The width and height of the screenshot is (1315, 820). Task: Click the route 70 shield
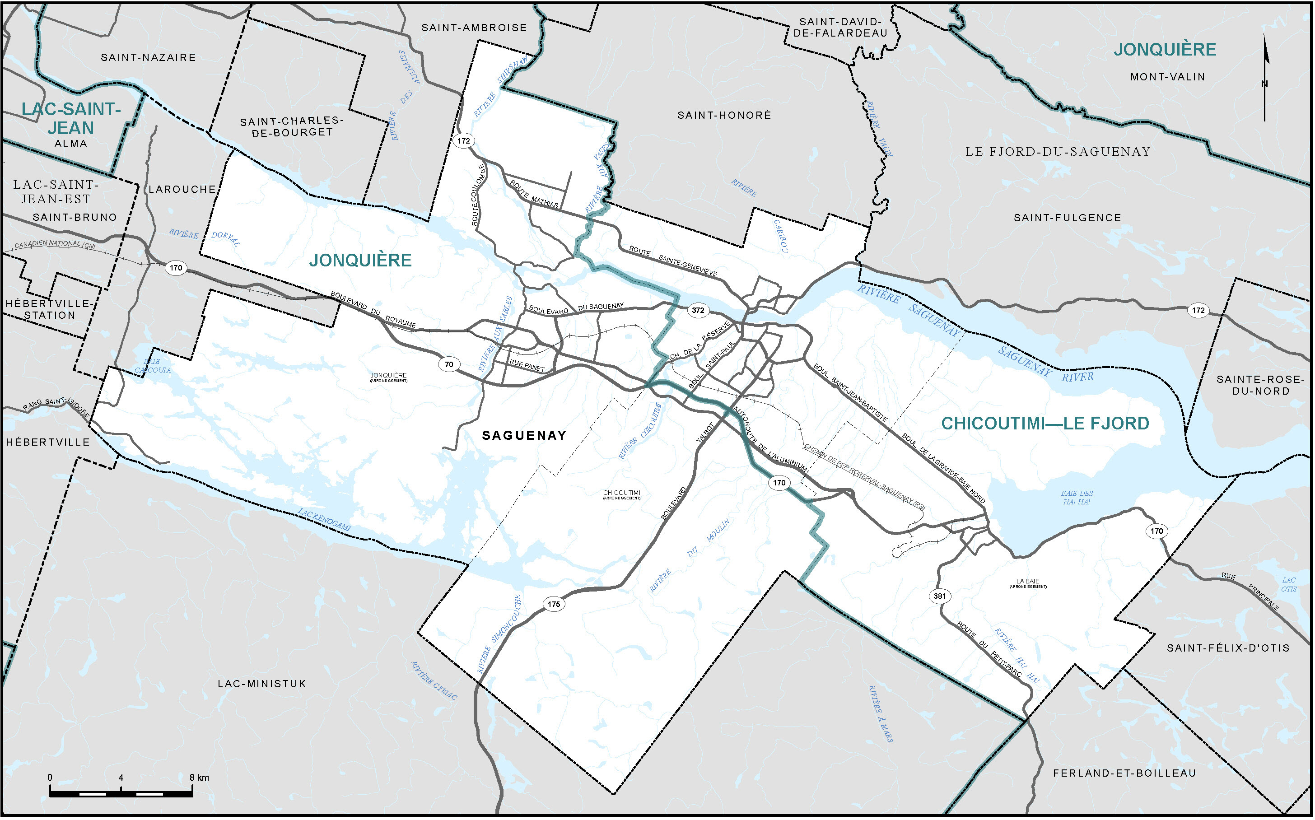449,364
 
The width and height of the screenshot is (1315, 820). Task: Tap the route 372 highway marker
698,310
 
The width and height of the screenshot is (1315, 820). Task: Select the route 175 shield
554,604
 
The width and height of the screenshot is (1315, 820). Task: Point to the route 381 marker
940,596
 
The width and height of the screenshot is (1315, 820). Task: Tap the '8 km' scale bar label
199,778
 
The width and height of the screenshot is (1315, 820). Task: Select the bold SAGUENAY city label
524,435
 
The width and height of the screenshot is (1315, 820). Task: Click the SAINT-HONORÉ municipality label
724,115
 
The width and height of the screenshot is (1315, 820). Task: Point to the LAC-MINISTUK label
262,684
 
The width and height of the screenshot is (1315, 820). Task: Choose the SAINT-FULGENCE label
1067,218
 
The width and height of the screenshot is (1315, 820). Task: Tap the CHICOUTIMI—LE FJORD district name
1045,424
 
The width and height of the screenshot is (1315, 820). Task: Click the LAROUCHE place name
182,189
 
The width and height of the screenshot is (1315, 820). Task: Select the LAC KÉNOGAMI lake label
324,520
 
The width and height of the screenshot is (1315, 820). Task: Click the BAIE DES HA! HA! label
1077,497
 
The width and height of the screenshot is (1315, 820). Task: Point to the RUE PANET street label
527,366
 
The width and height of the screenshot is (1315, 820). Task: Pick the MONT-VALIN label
1167,77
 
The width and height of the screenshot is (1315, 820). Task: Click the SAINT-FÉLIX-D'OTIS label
1228,648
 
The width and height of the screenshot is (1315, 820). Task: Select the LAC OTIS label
1289,585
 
